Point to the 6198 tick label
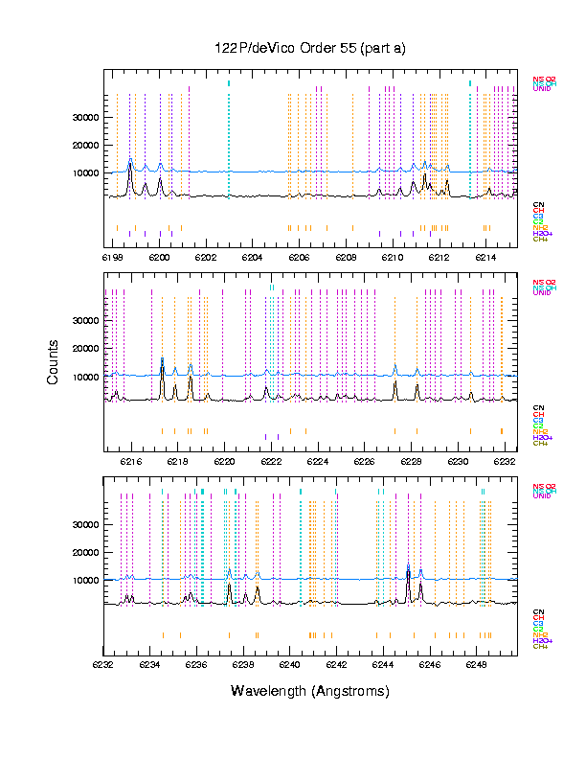pyautogui.click(x=112, y=258)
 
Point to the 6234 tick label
pyautogui.click(x=149, y=663)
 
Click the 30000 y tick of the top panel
pyautogui.click(x=86, y=117)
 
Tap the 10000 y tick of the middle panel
pyautogui.click(x=86, y=377)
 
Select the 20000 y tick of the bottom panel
pyautogui.click(x=86, y=553)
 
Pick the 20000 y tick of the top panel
pyautogui.click(x=86, y=146)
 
